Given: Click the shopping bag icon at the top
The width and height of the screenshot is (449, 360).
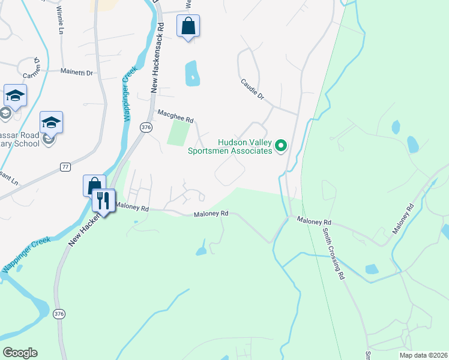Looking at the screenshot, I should (188, 26).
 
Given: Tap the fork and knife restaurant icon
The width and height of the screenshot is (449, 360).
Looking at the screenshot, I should (103, 200).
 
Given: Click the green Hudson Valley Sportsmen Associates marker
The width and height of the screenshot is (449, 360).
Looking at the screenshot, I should (280, 145).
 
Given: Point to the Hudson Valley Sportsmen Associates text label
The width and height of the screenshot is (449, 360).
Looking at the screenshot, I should (245, 147).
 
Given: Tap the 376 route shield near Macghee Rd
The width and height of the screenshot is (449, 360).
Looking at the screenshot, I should (145, 127).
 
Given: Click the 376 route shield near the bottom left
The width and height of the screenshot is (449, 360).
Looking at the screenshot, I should (58, 313).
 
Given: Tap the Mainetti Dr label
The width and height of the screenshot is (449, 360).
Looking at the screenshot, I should (77, 72).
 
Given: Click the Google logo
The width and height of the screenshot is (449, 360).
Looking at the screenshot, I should (20, 353).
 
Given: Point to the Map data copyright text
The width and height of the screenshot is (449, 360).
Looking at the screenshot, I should (423, 355).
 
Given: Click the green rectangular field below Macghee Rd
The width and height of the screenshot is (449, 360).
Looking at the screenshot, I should (178, 133).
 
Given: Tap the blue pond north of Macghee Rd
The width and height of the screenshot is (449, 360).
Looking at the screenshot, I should (192, 73).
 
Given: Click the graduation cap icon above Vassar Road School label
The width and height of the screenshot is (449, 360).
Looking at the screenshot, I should (52, 122).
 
